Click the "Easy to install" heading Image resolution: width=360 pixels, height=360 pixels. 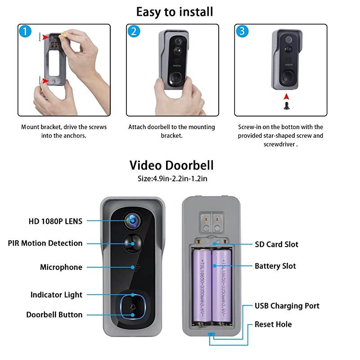click(x=175, y=11)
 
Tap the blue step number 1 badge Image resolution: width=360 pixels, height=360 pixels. click(x=25, y=31)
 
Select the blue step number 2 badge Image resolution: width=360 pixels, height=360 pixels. click(x=134, y=31)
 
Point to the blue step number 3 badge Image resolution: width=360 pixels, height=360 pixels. click(x=242, y=31)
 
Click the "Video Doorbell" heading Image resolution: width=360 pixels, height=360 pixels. click(x=171, y=165)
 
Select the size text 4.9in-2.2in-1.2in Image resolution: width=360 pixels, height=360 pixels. click(x=172, y=179)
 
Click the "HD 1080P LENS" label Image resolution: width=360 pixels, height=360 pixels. click(x=55, y=221)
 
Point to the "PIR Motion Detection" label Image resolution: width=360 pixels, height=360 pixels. click(x=45, y=243)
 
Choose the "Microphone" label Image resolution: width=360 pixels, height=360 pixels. click(x=61, y=267)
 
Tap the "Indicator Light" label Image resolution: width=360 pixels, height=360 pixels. click(x=56, y=295)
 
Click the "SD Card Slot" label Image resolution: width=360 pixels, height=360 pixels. click(x=276, y=244)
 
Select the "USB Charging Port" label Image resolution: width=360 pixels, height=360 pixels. click(x=287, y=306)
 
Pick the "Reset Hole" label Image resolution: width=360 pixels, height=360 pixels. click(x=273, y=324)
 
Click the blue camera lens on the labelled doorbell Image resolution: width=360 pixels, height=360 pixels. click(x=133, y=220)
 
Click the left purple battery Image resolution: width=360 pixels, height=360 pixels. click(x=202, y=286)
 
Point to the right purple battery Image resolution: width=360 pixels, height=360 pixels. click(x=222, y=286)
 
